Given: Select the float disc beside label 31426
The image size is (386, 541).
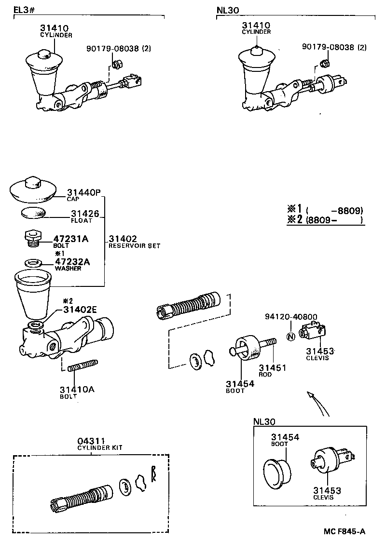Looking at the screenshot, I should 33,212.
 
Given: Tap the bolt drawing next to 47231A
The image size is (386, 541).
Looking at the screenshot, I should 31,237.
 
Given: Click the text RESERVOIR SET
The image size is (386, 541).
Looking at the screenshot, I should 134,246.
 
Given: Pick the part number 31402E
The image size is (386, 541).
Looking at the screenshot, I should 80,310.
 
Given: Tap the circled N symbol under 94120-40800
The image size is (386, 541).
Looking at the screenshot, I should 290,337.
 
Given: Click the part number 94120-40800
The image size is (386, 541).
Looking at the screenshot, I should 291,317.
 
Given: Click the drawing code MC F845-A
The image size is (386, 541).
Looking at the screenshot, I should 344,531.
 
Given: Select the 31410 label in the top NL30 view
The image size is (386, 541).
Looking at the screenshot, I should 256,25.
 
